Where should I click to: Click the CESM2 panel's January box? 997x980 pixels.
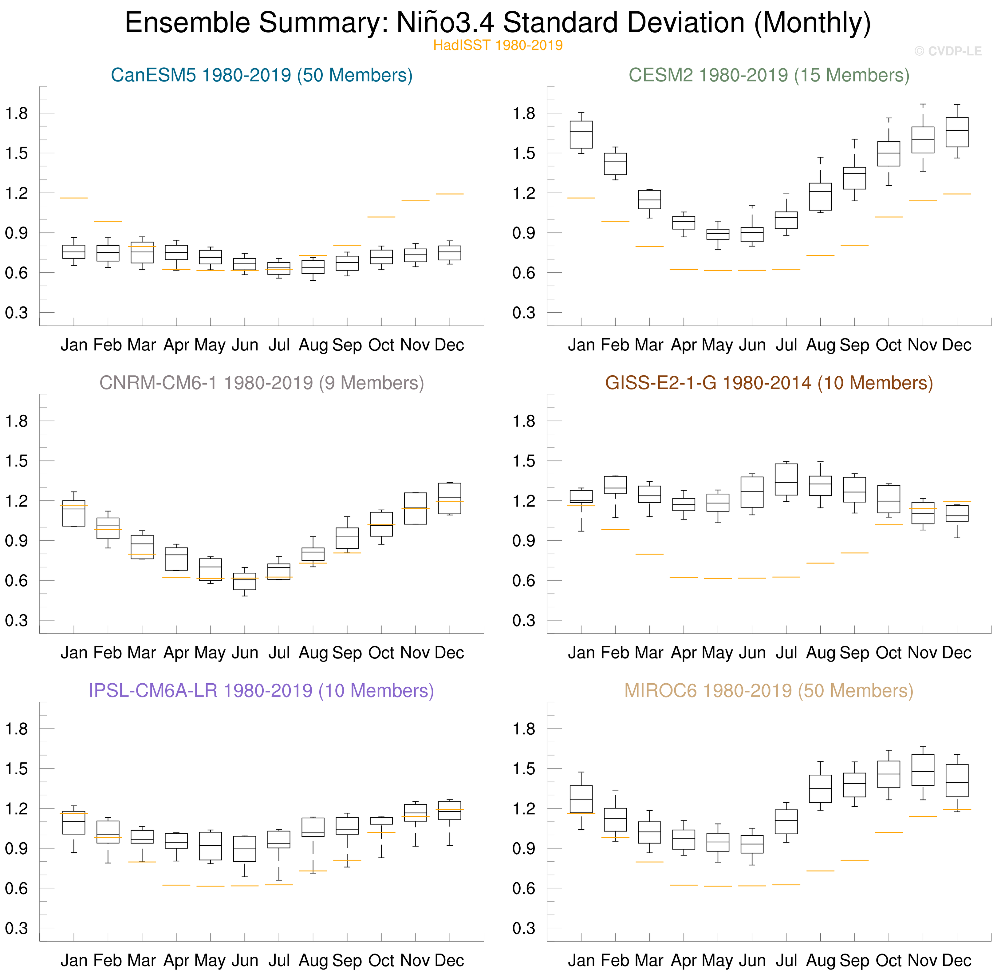(581, 135)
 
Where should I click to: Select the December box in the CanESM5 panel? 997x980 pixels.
(450, 253)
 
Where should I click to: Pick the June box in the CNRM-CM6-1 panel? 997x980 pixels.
(245, 581)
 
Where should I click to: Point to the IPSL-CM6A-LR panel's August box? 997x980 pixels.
(313, 827)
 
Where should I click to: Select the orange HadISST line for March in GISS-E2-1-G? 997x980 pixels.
(650, 554)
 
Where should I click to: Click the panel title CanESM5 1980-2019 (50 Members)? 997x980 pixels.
(262, 75)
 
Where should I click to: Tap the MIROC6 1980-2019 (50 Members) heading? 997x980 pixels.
(768, 691)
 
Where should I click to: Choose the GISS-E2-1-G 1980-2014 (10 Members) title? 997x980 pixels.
(768, 383)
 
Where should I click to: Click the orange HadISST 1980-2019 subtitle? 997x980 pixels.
(498, 45)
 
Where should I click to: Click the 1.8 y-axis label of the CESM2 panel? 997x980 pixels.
(523, 113)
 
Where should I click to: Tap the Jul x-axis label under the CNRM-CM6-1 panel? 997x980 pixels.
(279, 653)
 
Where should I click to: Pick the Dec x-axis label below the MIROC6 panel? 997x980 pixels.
(957, 960)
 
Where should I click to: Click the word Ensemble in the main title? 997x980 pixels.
(188, 23)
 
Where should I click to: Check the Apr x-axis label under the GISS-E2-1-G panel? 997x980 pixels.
(684, 653)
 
